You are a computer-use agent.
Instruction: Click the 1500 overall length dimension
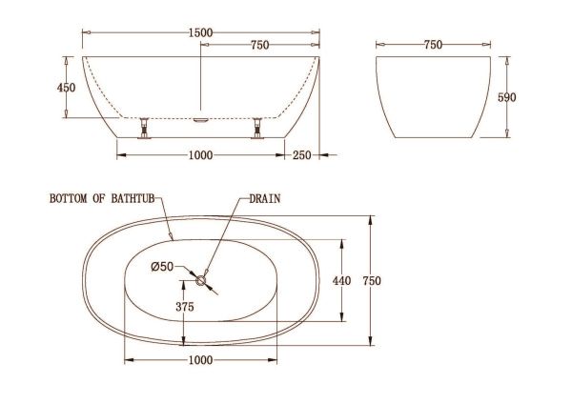click(200, 32)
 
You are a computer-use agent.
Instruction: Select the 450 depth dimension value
click(66, 88)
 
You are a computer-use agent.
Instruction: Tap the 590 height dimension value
click(507, 97)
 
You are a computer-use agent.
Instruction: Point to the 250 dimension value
click(301, 155)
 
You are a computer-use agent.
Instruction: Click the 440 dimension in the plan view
click(341, 281)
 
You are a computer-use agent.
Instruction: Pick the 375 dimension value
click(185, 307)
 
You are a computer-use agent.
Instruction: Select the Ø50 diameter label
click(162, 267)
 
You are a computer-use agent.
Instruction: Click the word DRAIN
click(265, 199)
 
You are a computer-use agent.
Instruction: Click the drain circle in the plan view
click(200, 281)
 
